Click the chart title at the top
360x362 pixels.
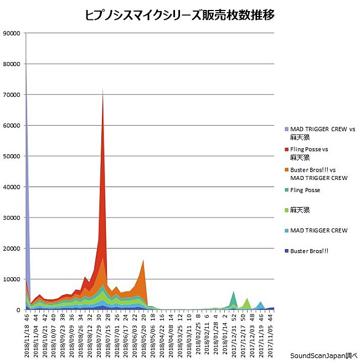click(180, 15)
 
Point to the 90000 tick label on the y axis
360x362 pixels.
click(12, 33)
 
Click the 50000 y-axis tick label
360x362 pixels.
click(12, 156)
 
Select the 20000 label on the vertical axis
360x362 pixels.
click(12, 249)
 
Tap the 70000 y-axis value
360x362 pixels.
click(12, 95)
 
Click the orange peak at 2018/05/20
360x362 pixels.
click(143, 261)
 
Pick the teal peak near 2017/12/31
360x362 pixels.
click(234, 292)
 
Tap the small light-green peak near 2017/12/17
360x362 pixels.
click(247, 299)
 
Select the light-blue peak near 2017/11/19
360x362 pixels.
click(260, 302)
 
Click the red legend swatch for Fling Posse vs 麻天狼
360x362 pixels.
click(286, 149)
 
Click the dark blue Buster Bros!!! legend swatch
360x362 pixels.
click(286, 251)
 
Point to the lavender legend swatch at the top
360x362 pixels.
click(286, 129)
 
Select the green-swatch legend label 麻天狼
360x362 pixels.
click(299, 210)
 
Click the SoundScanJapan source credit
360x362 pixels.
click(324, 356)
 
